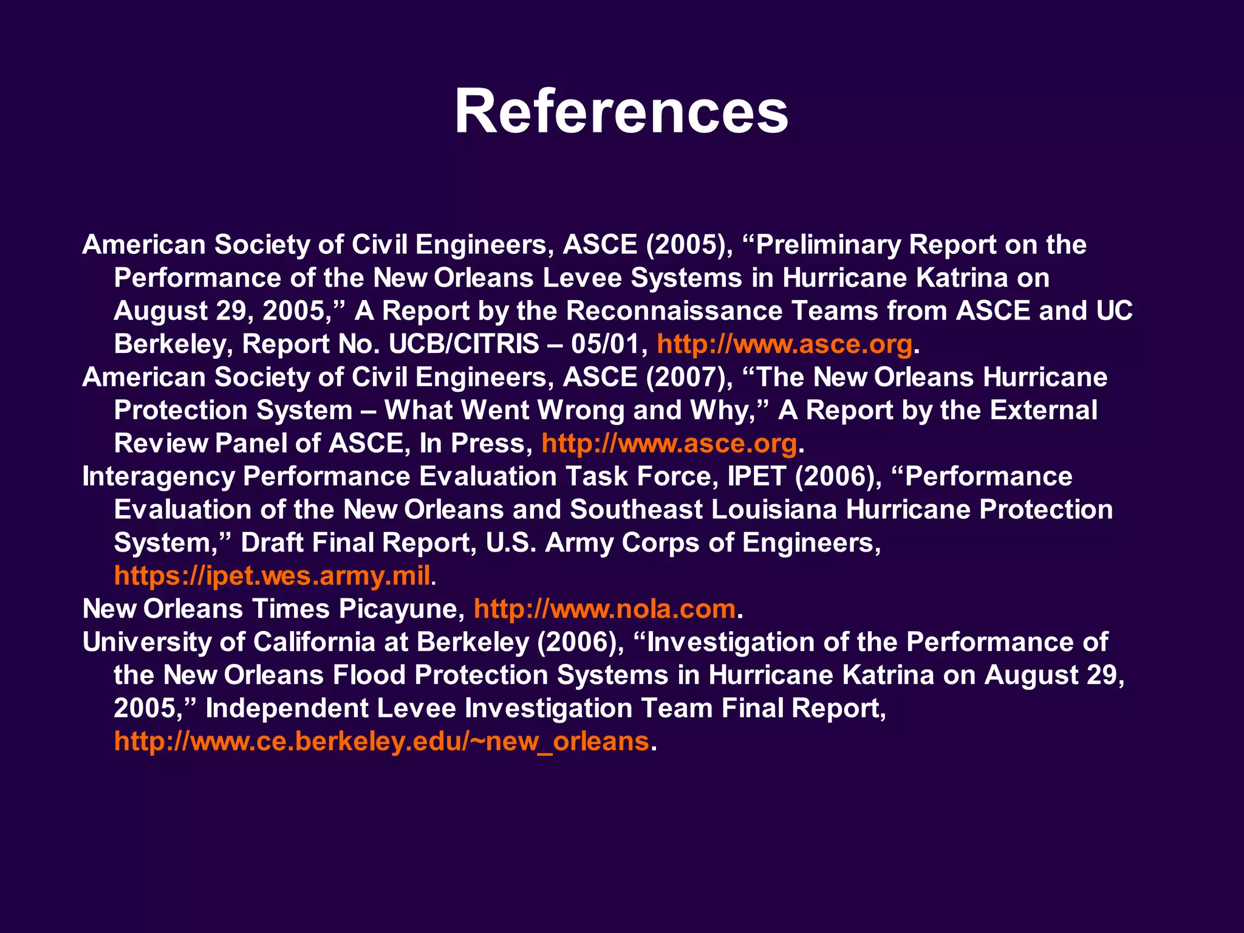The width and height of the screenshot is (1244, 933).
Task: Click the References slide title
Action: point(621,112)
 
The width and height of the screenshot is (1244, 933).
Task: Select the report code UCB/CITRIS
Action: point(463,344)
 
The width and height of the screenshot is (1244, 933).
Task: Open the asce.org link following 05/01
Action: point(784,344)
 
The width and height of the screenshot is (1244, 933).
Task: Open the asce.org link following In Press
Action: point(669,444)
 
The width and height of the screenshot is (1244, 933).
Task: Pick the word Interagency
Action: point(158,477)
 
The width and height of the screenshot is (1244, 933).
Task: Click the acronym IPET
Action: point(756,477)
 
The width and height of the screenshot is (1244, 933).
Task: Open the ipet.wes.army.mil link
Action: point(272,576)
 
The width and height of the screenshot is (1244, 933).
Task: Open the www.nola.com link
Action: point(604,609)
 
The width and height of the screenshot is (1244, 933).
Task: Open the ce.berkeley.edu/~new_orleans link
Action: point(381,742)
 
